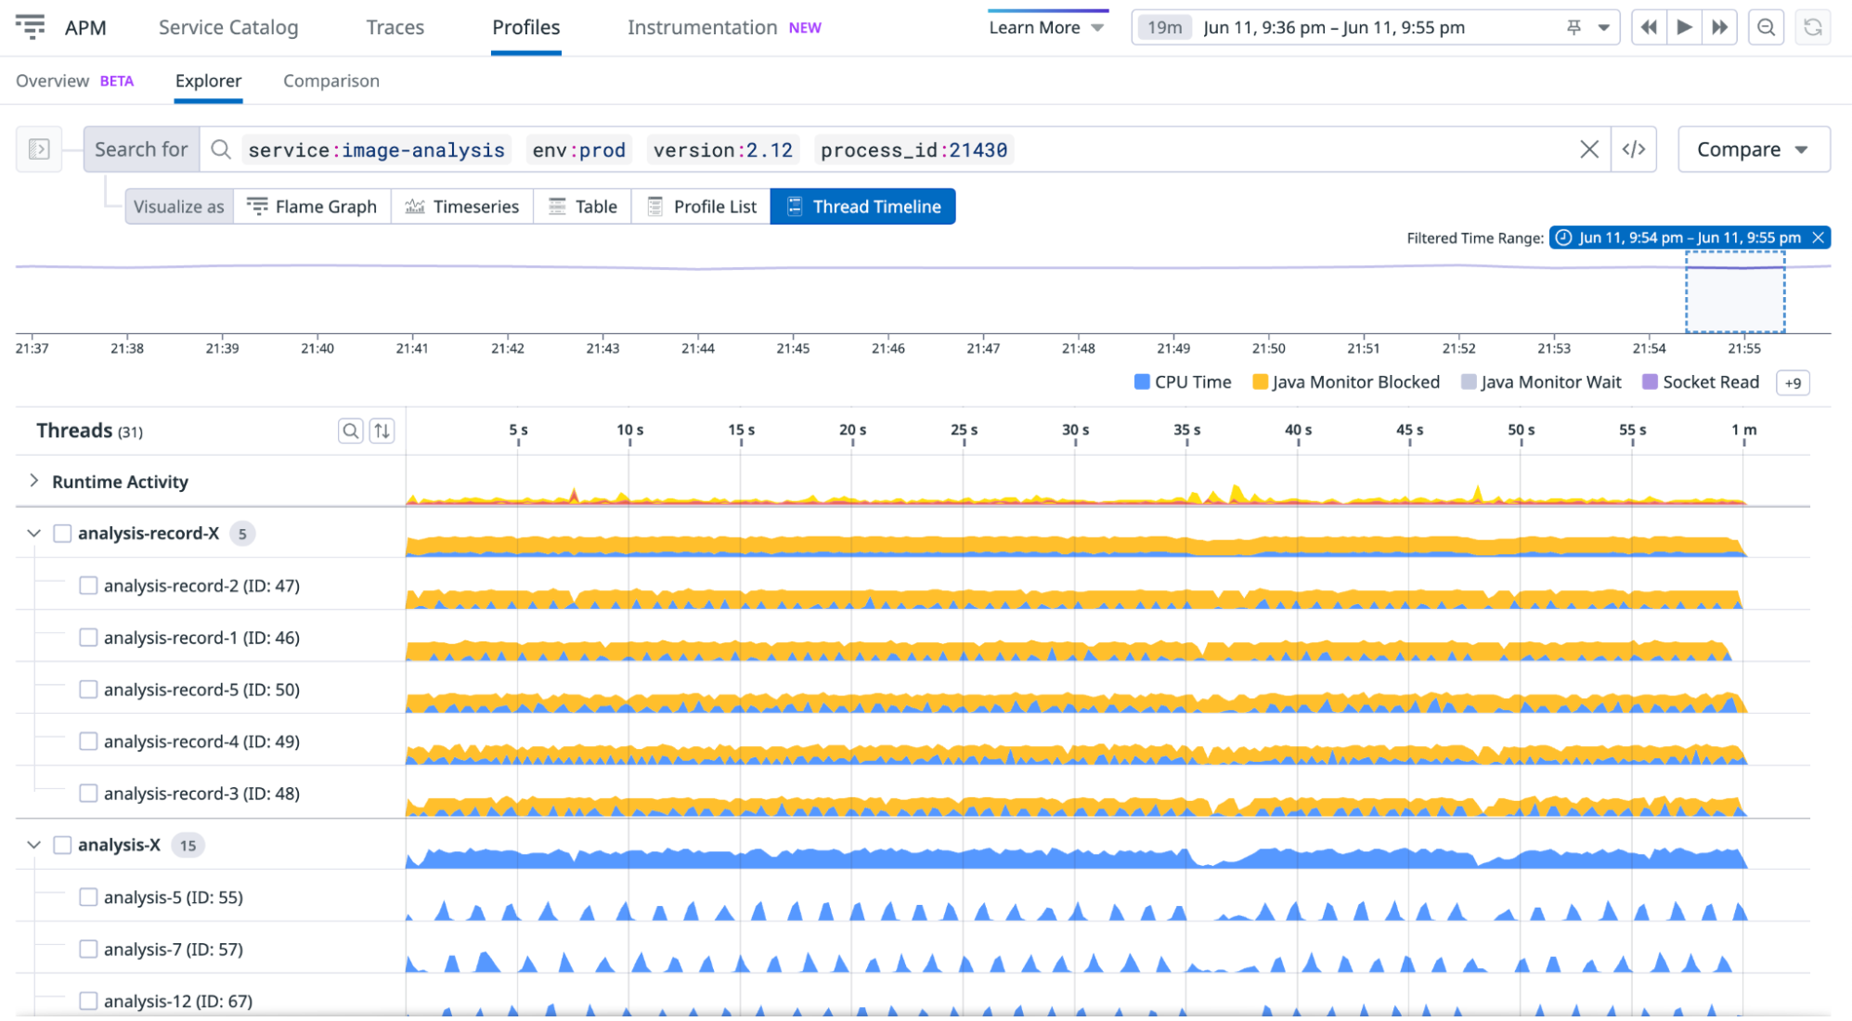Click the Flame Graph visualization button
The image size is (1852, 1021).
point(312,207)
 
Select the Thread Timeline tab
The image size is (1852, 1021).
point(863,207)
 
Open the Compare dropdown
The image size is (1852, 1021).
point(1753,149)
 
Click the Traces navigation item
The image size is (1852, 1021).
point(395,28)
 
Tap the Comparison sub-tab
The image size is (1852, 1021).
point(330,81)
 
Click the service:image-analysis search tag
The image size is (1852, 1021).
point(376,150)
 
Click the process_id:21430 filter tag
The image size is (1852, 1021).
point(913,150)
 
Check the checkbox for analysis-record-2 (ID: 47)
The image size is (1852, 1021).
point(88,586)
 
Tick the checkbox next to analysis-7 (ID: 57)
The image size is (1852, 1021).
point(88,949)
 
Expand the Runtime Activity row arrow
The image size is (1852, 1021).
point(34,481)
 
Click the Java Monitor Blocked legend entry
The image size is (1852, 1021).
point(1345,382)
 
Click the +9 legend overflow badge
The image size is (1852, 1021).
point(1792,382)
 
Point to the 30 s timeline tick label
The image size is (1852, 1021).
point(1075,431)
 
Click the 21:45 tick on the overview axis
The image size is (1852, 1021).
point(793,348)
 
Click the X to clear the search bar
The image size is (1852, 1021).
point(1588,149)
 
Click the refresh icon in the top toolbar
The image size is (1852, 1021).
point(1812,28)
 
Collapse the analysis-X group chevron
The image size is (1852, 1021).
point(34,845)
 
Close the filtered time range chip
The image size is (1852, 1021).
point(1818,238)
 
